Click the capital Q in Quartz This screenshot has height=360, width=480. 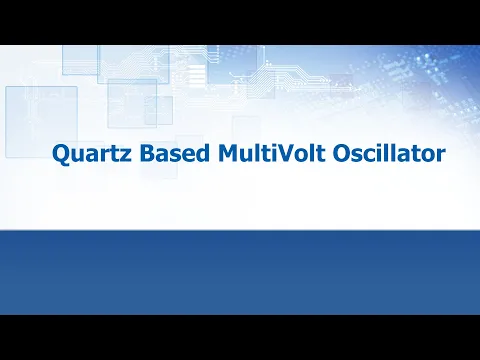coord(58,155)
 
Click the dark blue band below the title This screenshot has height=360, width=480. coord(240,270)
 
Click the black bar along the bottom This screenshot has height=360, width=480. coord(240,337)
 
